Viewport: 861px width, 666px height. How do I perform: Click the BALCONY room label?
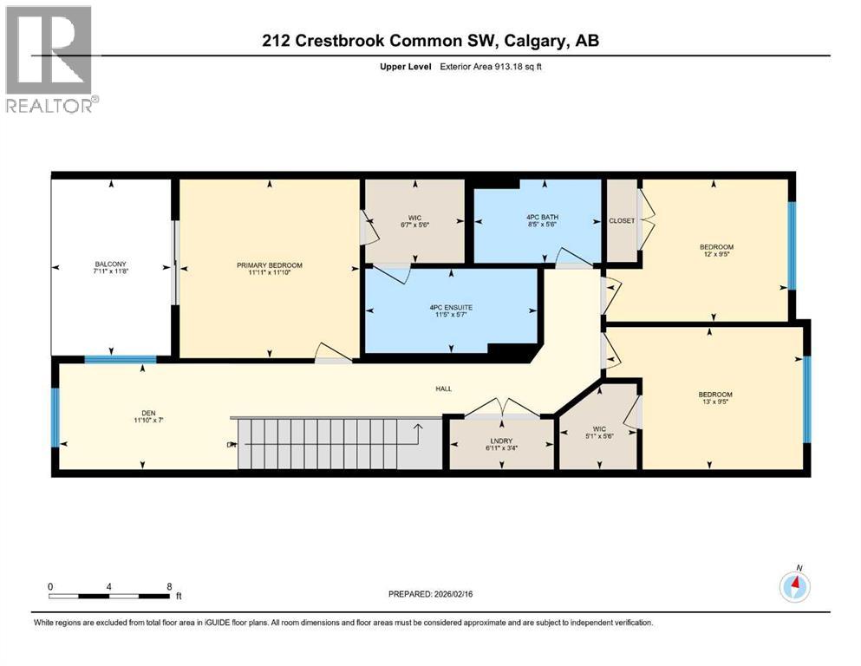pyautogui.click(x=110, y=264)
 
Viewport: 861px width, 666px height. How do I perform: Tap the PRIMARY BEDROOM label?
pyautogui.click(x=269, y=265)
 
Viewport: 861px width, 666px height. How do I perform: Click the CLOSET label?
pyautogui.click(x=621, y=220)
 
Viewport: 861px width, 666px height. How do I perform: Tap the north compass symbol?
pyautogui.click(x=794, y=587)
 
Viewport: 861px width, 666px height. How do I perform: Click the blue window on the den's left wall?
pyautogui.click(x=55, y=417)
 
